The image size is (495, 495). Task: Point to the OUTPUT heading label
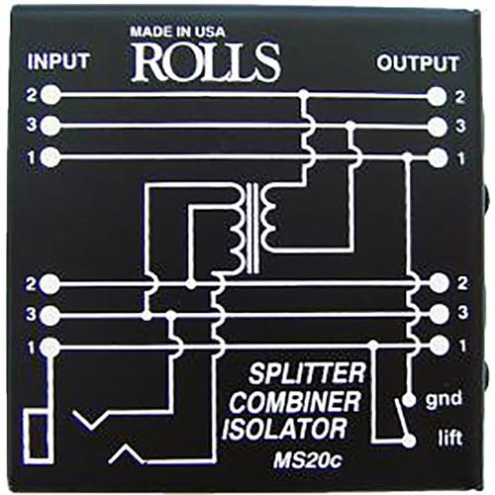coord(418,64)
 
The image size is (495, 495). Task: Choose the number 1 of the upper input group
coord(32,155)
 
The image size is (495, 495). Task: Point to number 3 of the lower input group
coord(32,315)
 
